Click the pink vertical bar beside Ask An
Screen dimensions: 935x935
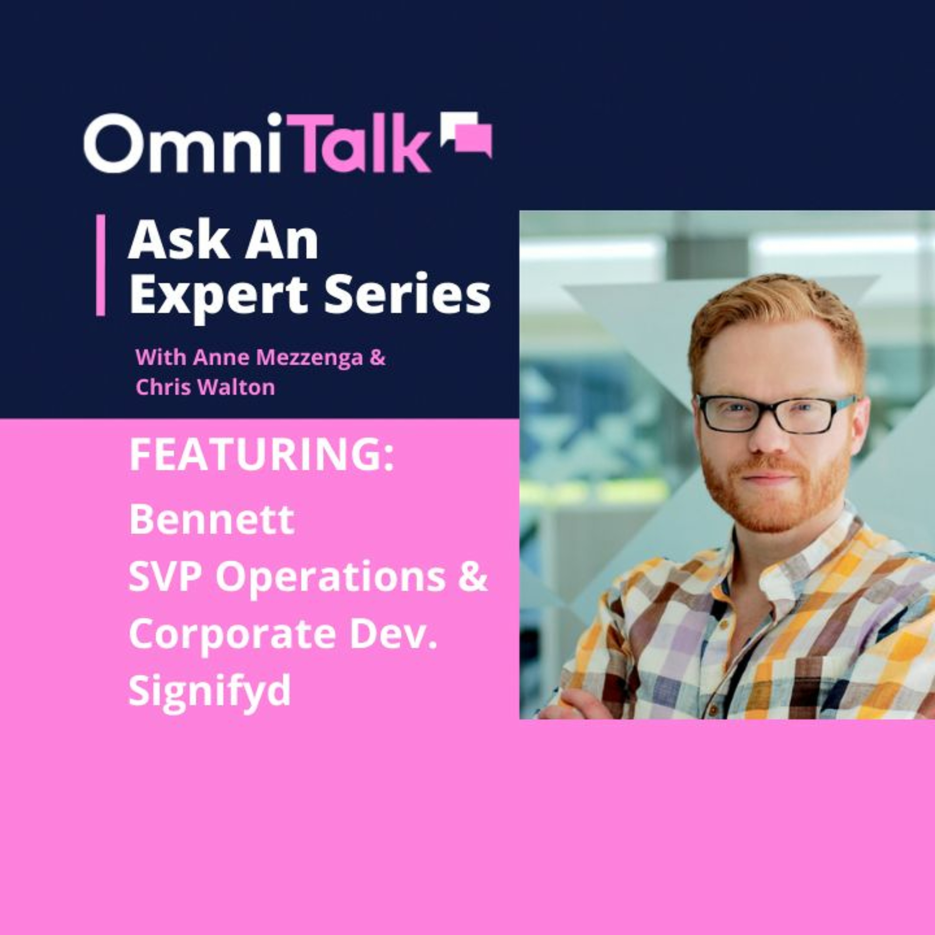pyautogui.click(x=101, y=265)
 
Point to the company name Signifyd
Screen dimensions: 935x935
pyautogui.click(x=209, y=691)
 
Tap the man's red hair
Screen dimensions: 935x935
pyautogui.click(x=774, y=310)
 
